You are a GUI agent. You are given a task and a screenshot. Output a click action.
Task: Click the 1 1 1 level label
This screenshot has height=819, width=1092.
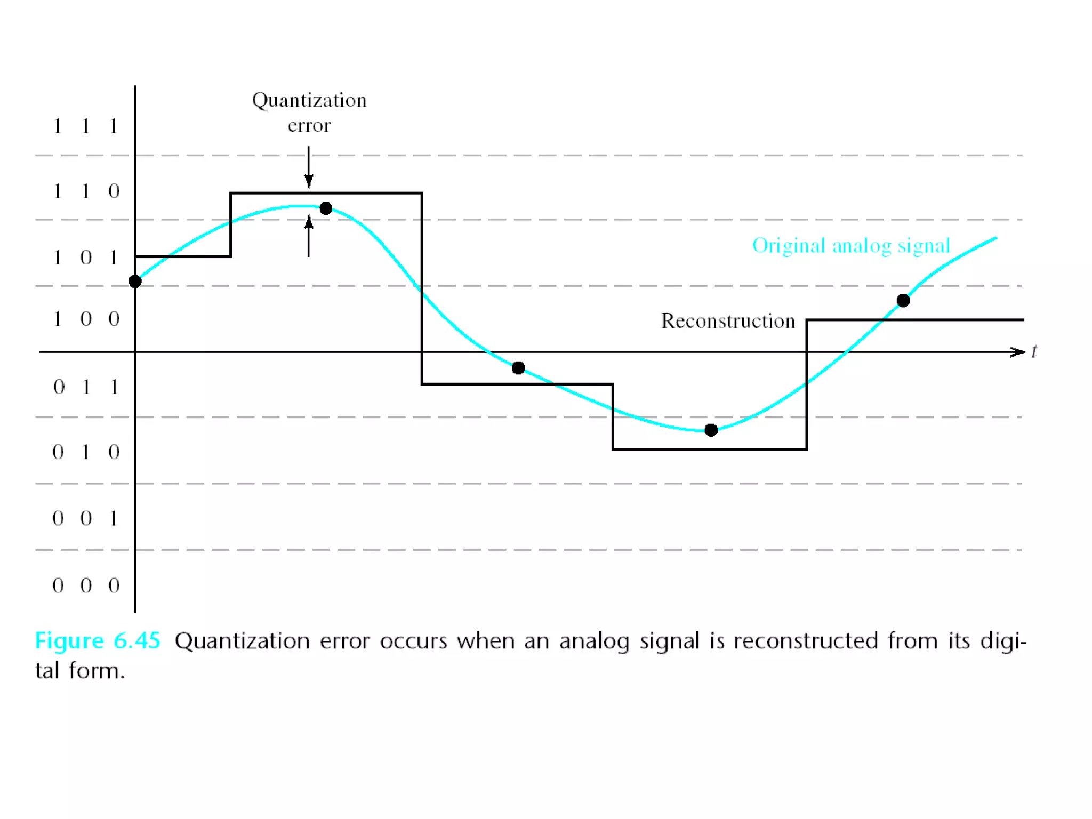click(85, 126)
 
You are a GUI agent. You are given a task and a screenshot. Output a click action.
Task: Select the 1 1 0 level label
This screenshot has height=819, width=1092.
click(85, 191)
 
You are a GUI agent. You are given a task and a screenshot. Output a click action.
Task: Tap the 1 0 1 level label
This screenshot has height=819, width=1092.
click(85, 258)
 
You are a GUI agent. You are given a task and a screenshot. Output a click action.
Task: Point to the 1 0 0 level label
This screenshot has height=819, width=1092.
click(85, 319)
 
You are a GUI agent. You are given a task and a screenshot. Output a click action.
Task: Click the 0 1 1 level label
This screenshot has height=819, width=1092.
click(85, 387)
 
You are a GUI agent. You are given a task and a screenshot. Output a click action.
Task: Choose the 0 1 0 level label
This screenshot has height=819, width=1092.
click(85, 452)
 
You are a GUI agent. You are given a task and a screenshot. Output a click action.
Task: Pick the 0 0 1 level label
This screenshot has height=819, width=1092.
click(85, 518)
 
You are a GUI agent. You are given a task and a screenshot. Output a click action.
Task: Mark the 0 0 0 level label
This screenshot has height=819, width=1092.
click(85, 585)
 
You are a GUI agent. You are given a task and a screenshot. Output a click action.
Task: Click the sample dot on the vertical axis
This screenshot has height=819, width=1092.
click(135, 282)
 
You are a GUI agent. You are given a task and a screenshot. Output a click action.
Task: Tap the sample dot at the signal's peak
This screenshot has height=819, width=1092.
click(326, 208)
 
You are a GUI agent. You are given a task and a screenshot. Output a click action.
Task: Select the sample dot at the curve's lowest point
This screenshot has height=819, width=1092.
click(711, 430)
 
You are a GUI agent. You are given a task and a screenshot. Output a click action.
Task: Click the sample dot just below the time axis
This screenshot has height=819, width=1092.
click(518, 368)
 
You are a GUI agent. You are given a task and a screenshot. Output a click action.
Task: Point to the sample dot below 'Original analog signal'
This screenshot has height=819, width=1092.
click(903, 301)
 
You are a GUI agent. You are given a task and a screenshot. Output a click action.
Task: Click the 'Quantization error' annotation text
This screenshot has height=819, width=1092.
click(309, 113)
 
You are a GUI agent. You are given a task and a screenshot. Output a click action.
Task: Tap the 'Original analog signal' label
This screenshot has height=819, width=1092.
click(851, 246)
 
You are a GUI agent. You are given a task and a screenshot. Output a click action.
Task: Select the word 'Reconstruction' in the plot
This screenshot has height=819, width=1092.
click(728, 321)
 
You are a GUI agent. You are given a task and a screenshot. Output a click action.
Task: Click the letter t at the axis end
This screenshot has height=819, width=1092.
click(1034, 352)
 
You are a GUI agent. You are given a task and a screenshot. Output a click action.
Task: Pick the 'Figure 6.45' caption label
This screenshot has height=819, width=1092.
click(98, 640)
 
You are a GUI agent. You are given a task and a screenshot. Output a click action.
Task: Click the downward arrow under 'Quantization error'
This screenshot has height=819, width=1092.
click(309, 168)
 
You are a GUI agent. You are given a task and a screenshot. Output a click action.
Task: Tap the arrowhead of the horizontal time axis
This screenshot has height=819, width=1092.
click(1017, 352)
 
